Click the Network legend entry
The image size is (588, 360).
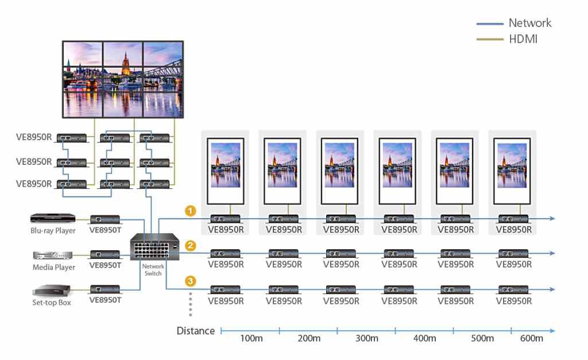click(x=529, y=23)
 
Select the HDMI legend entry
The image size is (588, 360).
click(x=523, y=39)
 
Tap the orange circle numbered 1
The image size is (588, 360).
click(x=191, y=211)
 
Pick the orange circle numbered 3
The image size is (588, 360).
click(x=191, y=281)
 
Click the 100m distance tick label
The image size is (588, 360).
click(x=251, y=338)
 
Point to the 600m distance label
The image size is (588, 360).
click(x=531, y=338)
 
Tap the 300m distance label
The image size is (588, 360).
click(x=366, y=338)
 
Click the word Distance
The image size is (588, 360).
click(x=196, y=331)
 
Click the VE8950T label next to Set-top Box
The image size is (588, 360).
click(x=106, y=299)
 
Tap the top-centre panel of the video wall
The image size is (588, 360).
click(x=123, y=63)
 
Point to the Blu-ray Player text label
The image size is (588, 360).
click(x=53, y=231)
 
